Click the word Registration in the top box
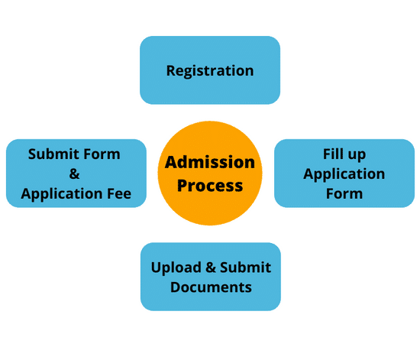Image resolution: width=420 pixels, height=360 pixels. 210,70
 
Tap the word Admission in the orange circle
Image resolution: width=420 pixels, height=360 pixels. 210,162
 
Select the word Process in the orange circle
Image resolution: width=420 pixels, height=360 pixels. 210,185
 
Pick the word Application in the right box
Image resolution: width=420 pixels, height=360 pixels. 344,174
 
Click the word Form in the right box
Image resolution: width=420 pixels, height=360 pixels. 344,193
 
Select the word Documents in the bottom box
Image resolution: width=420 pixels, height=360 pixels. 210,287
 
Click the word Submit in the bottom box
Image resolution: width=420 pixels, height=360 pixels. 244,268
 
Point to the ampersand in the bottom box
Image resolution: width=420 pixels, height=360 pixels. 206,268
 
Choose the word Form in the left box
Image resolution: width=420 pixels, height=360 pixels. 104,154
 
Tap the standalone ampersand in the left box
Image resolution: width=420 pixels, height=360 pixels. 75,174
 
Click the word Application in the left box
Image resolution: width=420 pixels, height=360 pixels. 62,194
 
